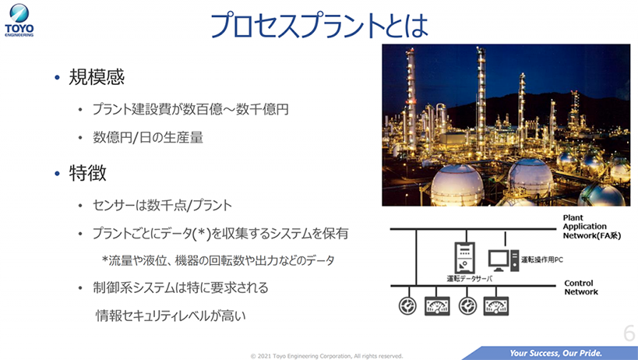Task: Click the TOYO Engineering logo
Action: tap(19, 20)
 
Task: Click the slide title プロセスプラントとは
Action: tap(319, 25)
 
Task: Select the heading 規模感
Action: tap(97, 77)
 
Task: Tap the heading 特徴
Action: tap(87, 173)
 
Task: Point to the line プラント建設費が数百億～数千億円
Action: tap(190, 109)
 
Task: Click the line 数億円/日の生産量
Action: tap(148, 137)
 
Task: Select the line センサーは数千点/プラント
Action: tap(162, 205)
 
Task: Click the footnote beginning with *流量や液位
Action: tap(218, 260)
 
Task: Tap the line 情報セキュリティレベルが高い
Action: tap(171, 316)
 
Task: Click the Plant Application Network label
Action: tap(591, 227)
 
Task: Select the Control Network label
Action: tap(580, 288)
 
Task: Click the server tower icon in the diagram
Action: tap(464, 257)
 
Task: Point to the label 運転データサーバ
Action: tap(470, 279)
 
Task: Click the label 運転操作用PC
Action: tap(542, 259)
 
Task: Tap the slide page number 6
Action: tap(629, 334)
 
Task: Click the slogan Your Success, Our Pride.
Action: tap(555, 353)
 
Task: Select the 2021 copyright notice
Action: tap(326, 356)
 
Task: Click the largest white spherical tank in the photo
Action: tap(457, 185)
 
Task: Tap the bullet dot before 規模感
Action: tap(57, 77)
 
